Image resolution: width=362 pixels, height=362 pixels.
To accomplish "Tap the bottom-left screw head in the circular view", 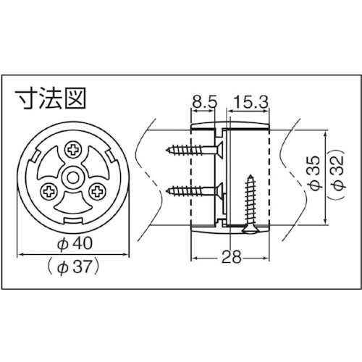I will coord(48,191).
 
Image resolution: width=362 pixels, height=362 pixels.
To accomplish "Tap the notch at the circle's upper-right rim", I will coord(106,155).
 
